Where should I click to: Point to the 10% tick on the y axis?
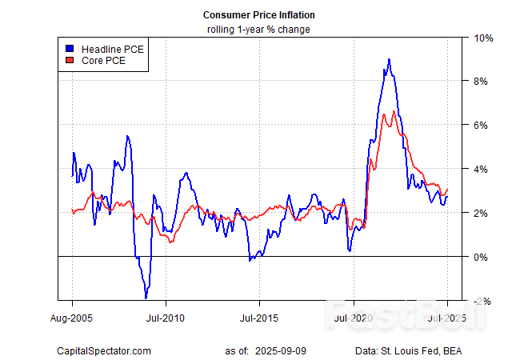(x=483, y=38)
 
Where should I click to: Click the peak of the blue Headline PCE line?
(x=389, y=59)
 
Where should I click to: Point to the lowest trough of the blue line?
(x=146, y=298)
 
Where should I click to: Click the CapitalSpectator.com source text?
(x=104, y=350)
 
